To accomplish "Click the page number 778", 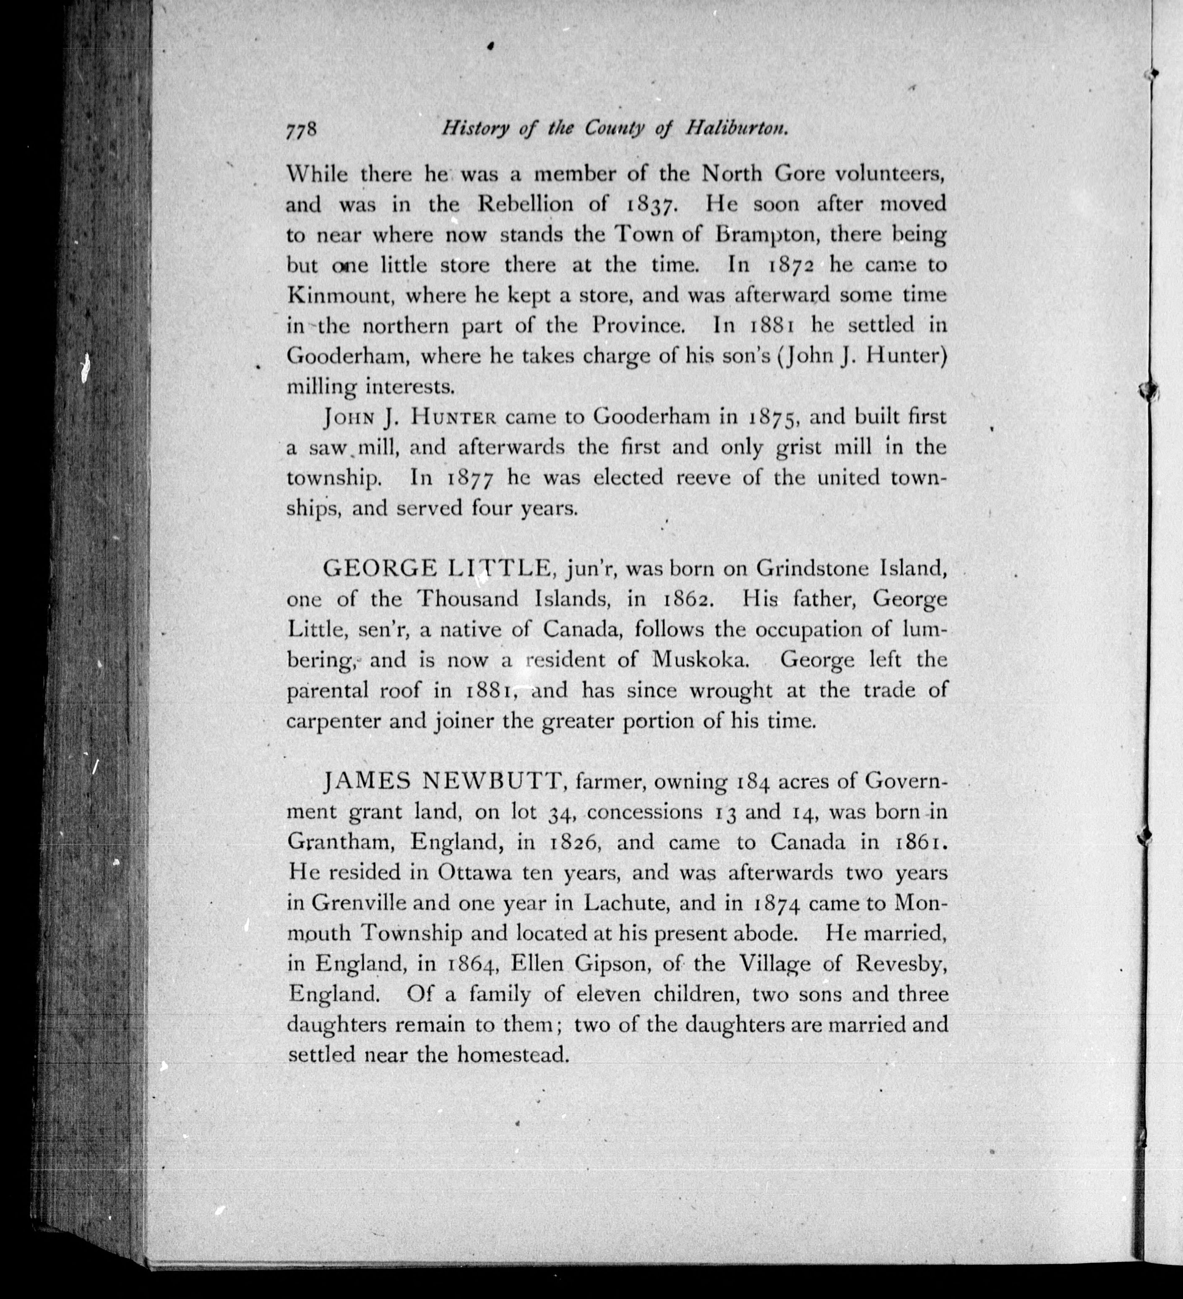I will point(302,130).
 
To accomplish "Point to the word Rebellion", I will point(525,204).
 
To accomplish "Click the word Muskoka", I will point(701,660).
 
